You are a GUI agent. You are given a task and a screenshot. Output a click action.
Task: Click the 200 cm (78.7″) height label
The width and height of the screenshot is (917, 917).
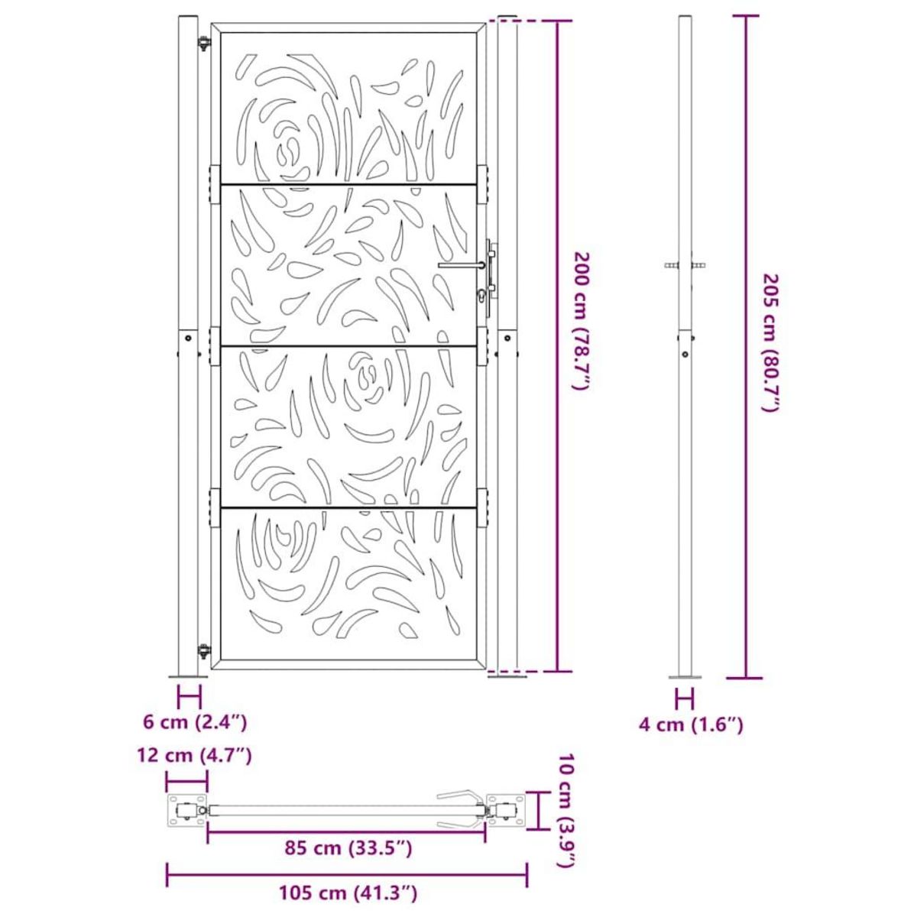tap(582, 321)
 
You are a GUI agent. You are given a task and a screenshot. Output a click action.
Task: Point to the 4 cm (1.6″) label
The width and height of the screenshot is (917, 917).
tap(691, 724)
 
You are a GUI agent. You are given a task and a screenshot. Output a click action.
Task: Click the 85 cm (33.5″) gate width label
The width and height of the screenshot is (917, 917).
tap(347, 848)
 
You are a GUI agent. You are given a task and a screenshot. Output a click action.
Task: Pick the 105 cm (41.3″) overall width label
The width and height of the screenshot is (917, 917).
tap(347, 892)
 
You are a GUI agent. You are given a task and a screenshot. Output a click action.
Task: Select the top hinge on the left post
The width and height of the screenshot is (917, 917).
tap(204, 44)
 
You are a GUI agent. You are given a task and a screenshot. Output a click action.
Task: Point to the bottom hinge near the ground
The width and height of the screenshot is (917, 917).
tap(204, 652)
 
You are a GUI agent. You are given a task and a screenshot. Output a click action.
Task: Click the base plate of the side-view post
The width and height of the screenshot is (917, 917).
tap(685, 676)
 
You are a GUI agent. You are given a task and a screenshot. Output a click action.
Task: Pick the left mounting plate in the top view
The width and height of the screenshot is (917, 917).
tap(186, 810)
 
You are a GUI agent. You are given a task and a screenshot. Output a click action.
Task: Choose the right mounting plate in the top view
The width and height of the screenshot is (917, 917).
tap(507, 810)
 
